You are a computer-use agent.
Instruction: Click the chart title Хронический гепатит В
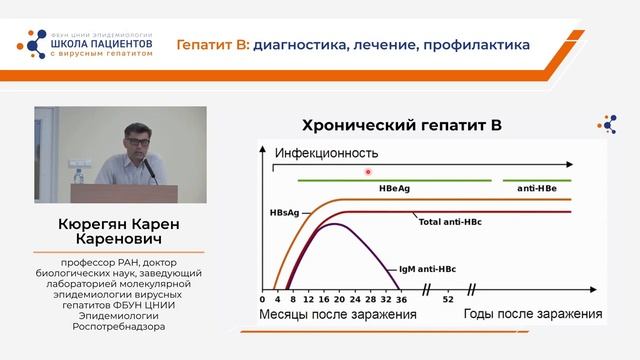coord(400,126)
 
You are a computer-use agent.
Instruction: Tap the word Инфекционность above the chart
coord(326,153)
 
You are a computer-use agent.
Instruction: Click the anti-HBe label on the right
coord(537,188)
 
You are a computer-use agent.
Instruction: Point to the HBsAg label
coord(285,212)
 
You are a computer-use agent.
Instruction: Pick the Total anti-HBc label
coord(449,220)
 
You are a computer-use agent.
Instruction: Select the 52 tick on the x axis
coord(447,299)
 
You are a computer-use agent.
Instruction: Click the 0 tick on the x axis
coord(264,299)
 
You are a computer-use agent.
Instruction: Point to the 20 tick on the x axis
coord(341,299)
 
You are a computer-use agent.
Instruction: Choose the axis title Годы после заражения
coord(532,315)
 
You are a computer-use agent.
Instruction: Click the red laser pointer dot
coord(369,172)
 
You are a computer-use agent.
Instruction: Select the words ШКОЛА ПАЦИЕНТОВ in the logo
coord(103,44)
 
